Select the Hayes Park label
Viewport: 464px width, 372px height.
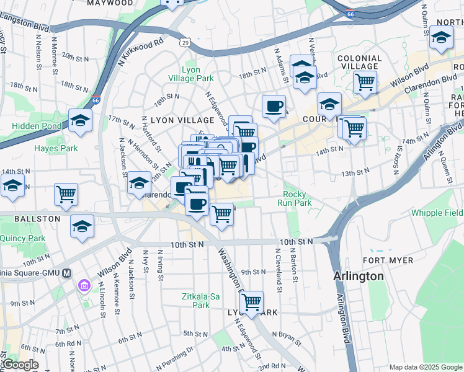click(x=56, y=148)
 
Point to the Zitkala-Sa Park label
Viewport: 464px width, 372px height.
click(x=200, y=301)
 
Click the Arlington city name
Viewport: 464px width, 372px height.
click(x=358, y=276)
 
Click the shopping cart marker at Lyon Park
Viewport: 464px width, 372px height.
click(x=251, y=302)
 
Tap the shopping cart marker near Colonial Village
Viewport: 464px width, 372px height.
click(x=365, y=81)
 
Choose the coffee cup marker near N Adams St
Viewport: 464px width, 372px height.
click(x=274, y=106)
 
